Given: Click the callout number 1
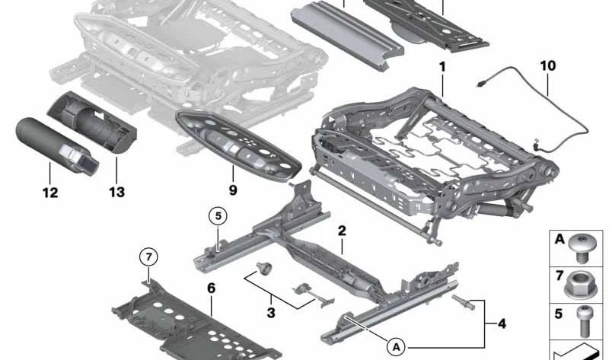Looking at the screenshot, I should [x=442, y=68].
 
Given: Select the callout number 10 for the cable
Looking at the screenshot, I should [x=548, y=66].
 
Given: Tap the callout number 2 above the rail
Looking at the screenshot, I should [x=342, y=229].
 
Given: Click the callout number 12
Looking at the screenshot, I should [x=49, y=193].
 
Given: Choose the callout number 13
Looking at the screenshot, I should [x=116, y=193].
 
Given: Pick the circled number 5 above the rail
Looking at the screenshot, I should [x=217, y=216].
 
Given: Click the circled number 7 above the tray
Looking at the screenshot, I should [x=148, y=257].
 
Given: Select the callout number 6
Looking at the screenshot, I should [x=212, y=288].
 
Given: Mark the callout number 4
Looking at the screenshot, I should [x=501, y=323].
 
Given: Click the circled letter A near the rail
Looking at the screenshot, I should [x=395, y=346].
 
